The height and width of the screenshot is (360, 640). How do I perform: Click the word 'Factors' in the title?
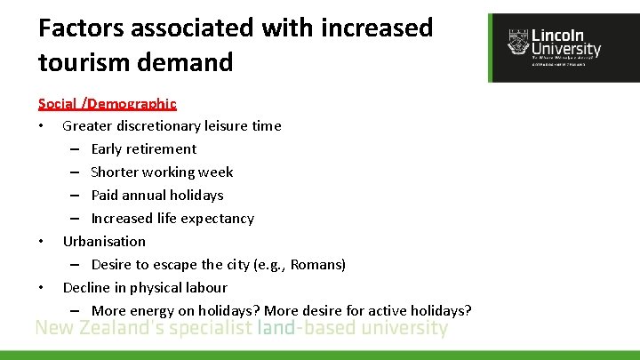[81, 28]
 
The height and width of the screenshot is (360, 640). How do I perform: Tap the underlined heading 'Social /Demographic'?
[107, 104]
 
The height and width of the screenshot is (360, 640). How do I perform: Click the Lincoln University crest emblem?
[516, 42]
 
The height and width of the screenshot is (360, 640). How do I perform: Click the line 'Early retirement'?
[143, 148]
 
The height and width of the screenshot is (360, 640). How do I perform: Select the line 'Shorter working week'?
[162, 172]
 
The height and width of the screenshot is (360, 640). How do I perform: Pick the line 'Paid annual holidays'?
[156, 195]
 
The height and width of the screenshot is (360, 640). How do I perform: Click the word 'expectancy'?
[216, 218]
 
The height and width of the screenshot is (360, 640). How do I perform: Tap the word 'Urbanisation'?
[104, 241]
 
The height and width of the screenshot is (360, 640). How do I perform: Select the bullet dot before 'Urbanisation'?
[42, 242]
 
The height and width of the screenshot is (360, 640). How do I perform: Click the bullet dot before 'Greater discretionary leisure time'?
[42, 126]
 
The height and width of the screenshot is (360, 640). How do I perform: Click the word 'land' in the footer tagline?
[275, 328]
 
